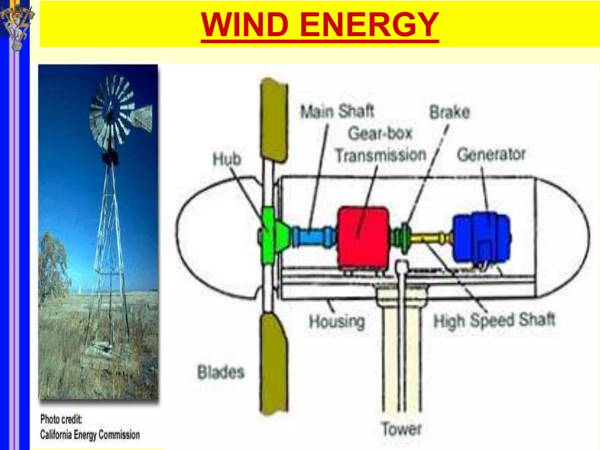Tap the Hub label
227,159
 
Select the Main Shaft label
337,112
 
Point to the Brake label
450,112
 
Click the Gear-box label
380,134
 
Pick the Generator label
491,155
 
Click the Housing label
337,321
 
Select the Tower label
401,429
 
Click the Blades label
221,372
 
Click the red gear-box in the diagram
363,237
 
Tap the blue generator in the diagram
481,238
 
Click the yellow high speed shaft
429,237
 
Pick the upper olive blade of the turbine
274,120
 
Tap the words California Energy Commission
90,435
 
